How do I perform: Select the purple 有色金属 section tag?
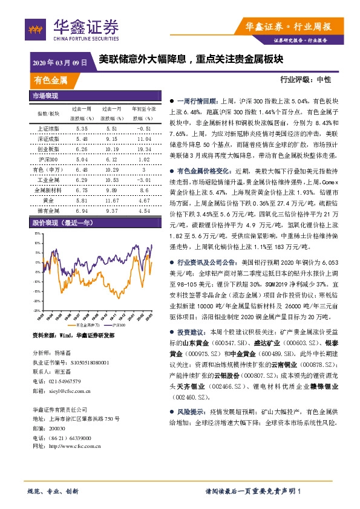tap(51, 80)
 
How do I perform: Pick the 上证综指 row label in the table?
tap(48, 129)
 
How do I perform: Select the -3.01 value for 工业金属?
tap(143, 180)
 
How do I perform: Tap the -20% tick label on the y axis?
tap(37, 300)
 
